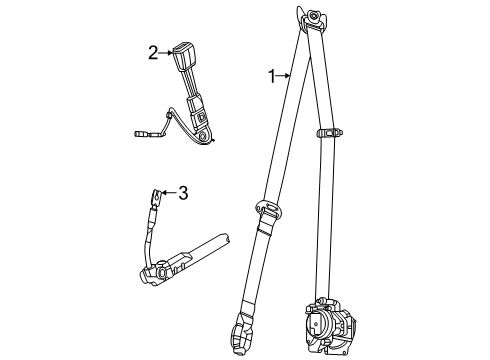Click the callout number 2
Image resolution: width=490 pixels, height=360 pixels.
(152, 53)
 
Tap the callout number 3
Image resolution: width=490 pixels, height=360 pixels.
(182, 193)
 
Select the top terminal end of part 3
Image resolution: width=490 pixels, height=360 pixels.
(158, 198)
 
